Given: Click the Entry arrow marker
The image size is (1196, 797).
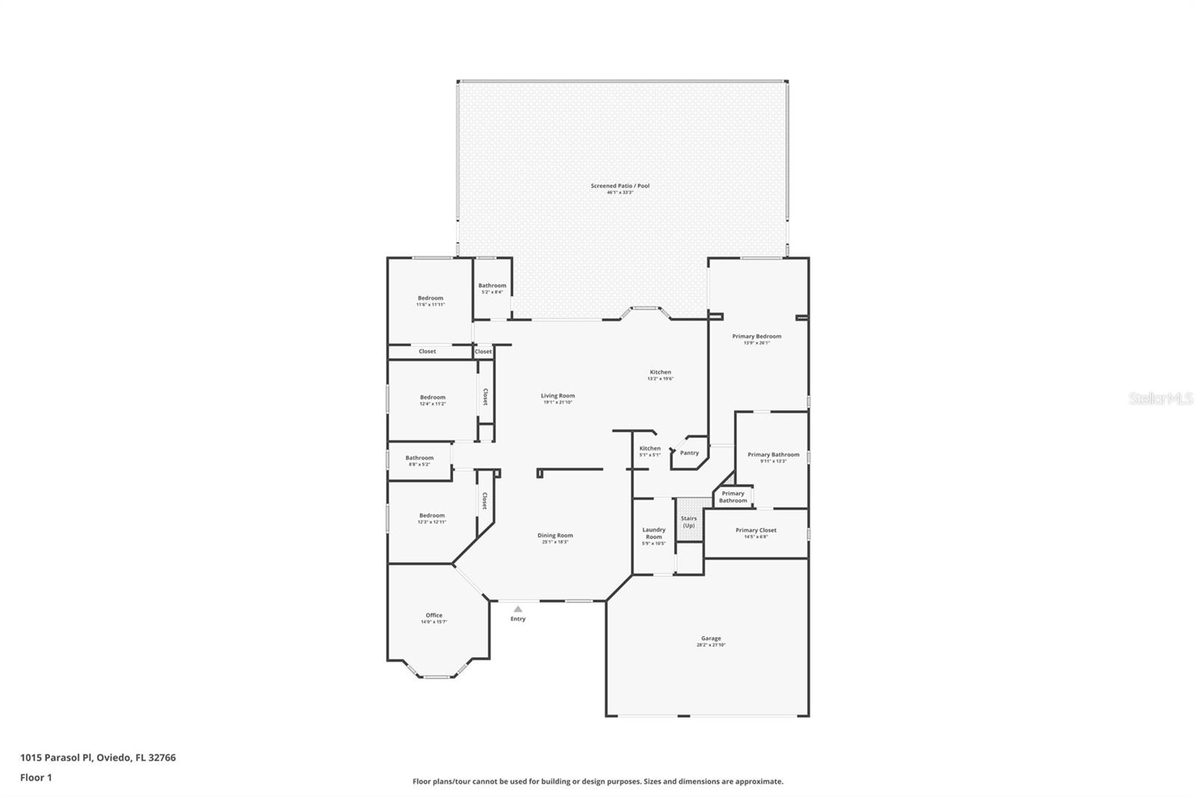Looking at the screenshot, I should pyautogui.click(x=518, y=609).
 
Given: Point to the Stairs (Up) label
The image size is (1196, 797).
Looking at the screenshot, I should pyautogui.click(x=688, y=521).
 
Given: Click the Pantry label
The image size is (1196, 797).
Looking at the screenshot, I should pyautogui.click(x=689, y=452).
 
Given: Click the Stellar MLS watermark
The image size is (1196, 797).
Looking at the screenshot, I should pyautogui.click(x=1160, y=399).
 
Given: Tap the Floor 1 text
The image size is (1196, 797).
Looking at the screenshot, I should pyautogui.click(x=36, y=778).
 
